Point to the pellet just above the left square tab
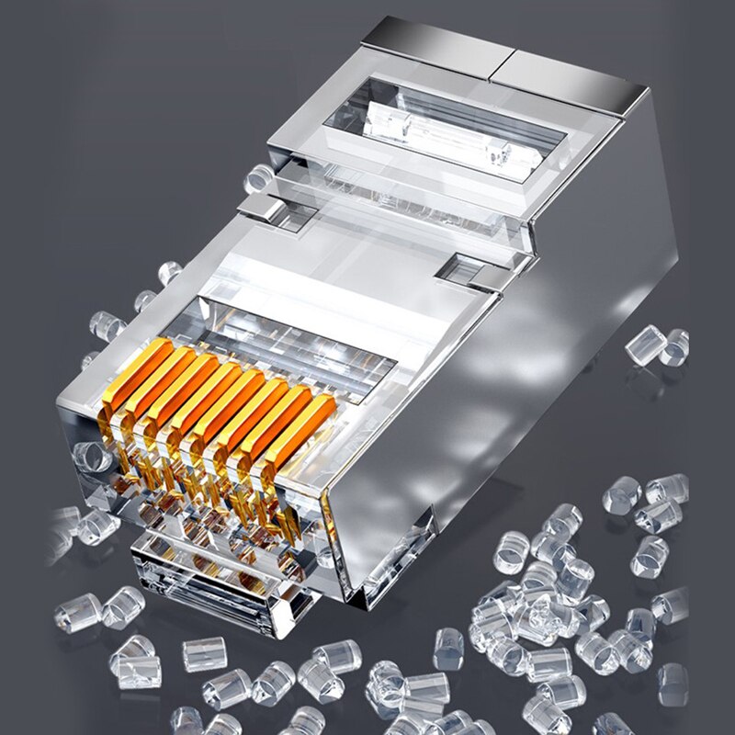pyautogui.click(x=259, y=176)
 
